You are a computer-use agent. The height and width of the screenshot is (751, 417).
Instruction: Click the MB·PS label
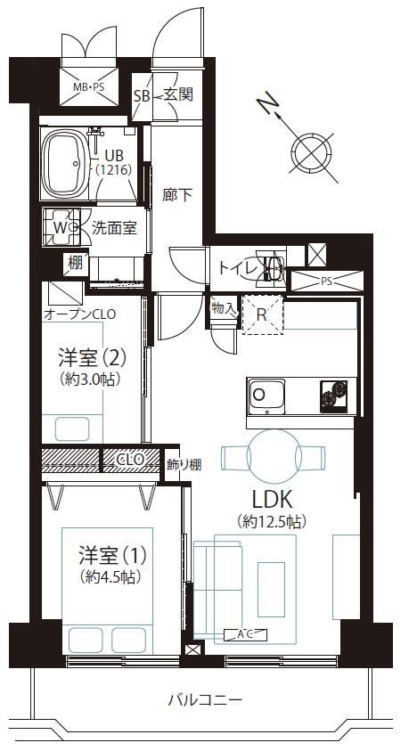coord(88,87)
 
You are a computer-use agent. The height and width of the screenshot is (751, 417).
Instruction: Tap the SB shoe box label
coord(143,96)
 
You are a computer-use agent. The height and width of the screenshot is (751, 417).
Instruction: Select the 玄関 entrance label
coord(179,94)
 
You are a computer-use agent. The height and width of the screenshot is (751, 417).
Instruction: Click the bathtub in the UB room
coord(65,163)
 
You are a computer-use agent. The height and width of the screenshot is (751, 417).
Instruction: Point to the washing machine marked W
coord(61,227)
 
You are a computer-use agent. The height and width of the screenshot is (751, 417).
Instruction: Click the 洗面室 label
coord(115,228)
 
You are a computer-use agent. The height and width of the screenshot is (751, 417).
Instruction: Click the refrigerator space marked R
coord(262,314)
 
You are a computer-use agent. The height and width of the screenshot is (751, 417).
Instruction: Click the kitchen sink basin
coord(266,396)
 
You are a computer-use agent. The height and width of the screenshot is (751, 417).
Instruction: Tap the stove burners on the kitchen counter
coord(333,396)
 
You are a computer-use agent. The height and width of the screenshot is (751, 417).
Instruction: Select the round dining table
coord(274,456)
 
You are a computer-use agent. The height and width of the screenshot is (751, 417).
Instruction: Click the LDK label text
coord(273,501)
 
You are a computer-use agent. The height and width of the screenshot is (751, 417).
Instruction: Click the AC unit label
coord(245,634)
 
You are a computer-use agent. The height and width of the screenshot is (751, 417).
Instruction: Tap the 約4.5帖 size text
coord(110,576)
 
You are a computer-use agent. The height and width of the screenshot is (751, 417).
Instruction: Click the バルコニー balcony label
coord(205,700)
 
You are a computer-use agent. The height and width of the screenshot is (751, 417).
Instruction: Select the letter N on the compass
coord(267,103)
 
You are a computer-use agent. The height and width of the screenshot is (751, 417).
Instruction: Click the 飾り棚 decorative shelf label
coord(184,463)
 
